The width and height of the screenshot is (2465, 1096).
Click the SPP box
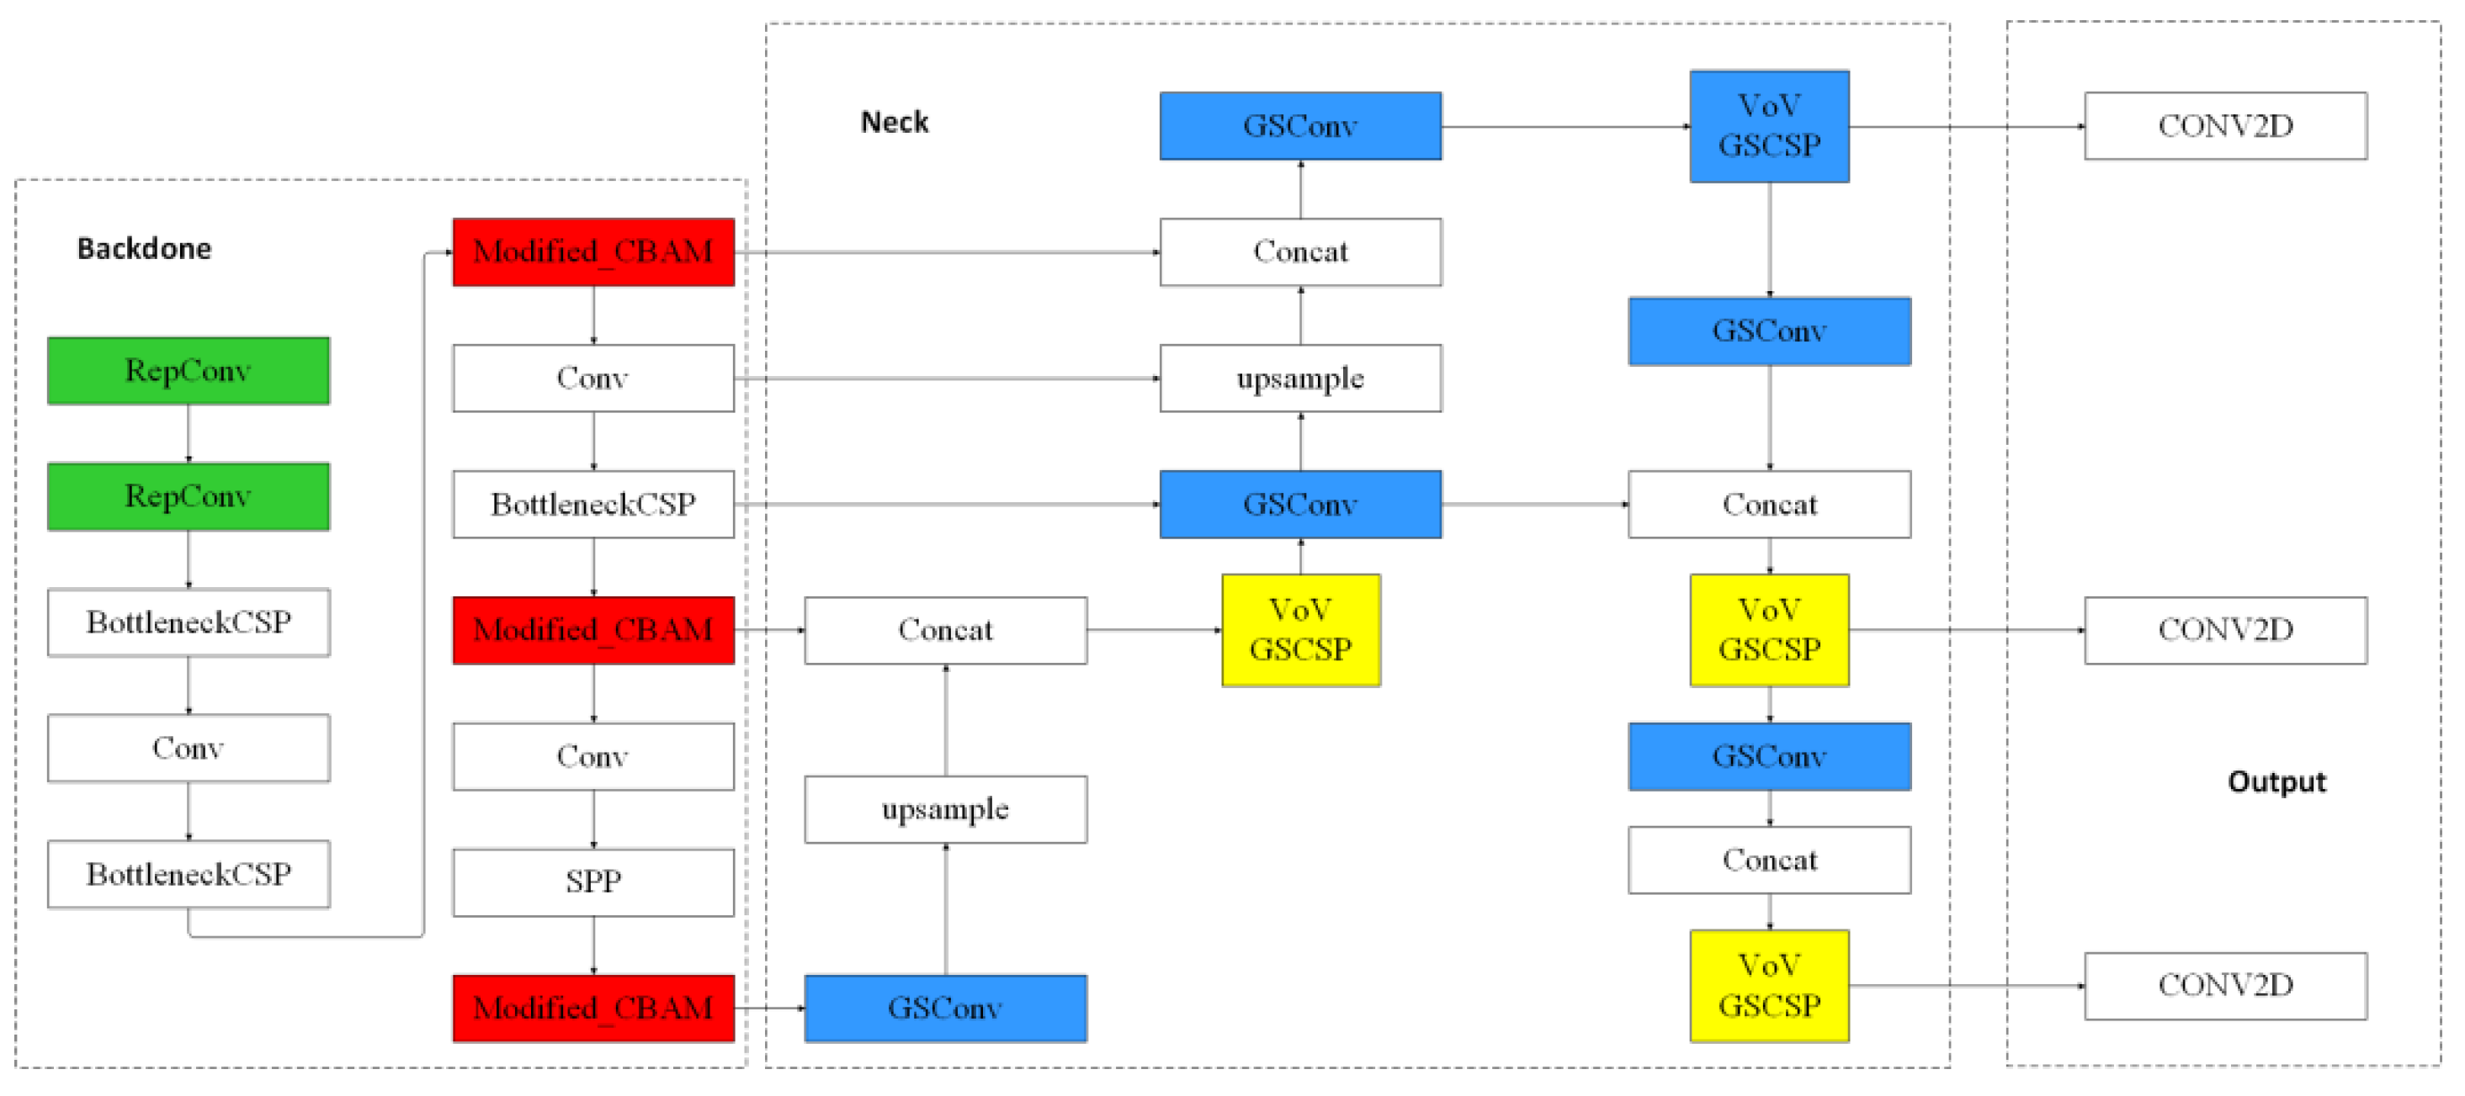(593, 882)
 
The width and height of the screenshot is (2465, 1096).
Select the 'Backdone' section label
(145, 249)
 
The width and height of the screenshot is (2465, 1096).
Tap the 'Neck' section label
(895, 123)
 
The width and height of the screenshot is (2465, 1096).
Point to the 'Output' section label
(2276, 781)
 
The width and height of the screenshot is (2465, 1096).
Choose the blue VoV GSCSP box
(1769, 126)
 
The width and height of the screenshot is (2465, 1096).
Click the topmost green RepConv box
(189, 370)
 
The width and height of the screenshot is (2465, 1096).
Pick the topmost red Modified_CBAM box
(593, 251)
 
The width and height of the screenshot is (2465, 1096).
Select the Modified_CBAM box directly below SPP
(593, 1008)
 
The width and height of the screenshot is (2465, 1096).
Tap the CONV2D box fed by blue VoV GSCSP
(2226, 125)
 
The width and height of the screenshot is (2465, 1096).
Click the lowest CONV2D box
(2226, 985)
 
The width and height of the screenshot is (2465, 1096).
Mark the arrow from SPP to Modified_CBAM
(593, 945)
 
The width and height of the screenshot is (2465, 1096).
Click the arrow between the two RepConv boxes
(189, 433)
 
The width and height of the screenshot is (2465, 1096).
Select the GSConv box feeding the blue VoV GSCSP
(1300, 125)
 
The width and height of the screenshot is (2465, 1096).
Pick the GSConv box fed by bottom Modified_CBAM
(945, 1008)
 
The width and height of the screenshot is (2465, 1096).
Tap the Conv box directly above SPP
(593, 756)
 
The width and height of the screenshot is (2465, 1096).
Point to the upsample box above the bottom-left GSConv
(945, 809)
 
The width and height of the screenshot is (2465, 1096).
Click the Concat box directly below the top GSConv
(1300, 251)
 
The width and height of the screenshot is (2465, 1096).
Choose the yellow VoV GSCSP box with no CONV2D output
(1300, 630)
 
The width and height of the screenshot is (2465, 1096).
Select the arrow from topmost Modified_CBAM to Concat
(948, 252)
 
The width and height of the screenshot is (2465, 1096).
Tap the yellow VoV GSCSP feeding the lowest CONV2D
(1769, 986)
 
